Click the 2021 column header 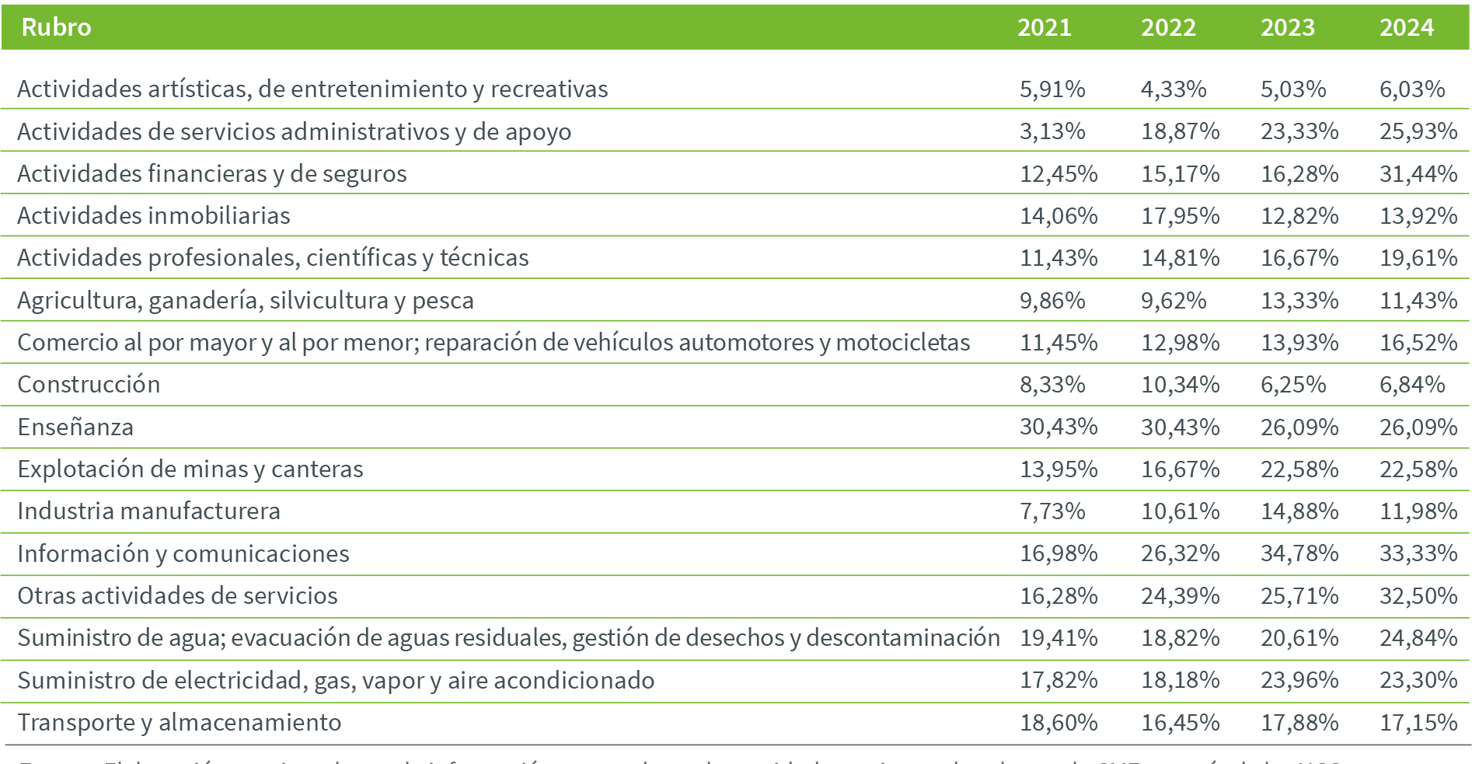coord(1044,28)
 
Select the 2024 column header coord(1406,28)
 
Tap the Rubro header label coord(56,28)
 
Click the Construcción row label coord(89,385)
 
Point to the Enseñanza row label coord(75,427)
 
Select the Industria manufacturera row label coord(148,511)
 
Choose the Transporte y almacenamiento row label coord(179,723)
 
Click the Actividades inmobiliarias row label coord(153,216)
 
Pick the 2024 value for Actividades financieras coord(1418,174)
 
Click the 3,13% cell coord(1052,131)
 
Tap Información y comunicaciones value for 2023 coord(1299,553)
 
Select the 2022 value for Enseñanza coord(1179,427)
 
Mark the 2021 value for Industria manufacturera coord(1052,511)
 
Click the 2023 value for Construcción coord(1292,385)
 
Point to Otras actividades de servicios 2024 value coord(1418,596)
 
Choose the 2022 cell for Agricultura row coord(1173,301)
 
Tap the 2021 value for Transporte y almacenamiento coord(1058,723)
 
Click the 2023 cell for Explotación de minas coord(1299,469)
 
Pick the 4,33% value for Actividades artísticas coord(1173,89)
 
